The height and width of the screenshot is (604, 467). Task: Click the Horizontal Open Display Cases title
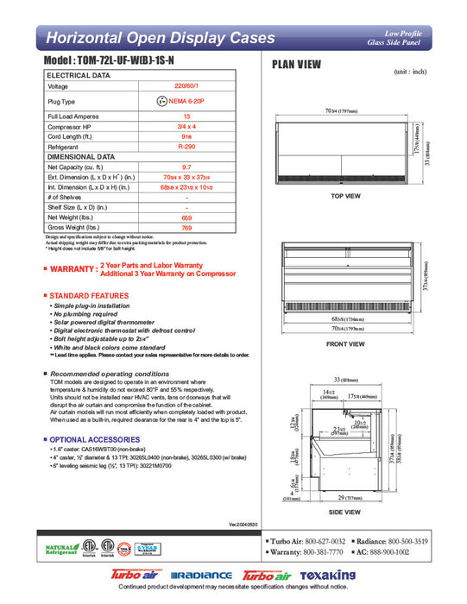click(160, 38)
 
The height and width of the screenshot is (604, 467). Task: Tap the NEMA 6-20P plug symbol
click(162, 101)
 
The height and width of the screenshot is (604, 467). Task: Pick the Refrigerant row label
click(66, 148)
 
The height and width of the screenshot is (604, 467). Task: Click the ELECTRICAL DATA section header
click(79, 76)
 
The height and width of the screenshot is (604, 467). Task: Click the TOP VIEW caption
click(346, 197)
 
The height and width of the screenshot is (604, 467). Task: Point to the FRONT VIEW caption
click(346, 344)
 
